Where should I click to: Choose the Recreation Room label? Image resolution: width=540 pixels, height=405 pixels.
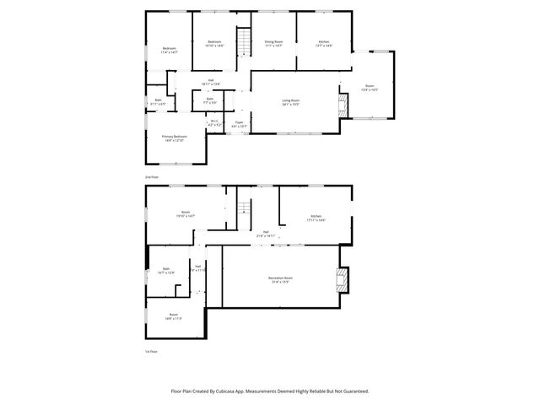click(x=281, y=279)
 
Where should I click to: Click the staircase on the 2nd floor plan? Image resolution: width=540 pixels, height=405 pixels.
click(x=245, y=41)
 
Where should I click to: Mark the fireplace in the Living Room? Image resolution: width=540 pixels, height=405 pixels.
click(x=343, y=105)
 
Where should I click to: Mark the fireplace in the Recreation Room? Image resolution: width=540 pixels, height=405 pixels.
click(x=342, y=279)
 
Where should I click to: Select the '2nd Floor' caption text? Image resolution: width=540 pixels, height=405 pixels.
click(x=152, y=177)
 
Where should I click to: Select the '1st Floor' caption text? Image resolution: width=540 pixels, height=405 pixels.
click(x=152, y=351)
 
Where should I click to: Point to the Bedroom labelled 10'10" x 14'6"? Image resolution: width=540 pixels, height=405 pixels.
click(x=214, y=43)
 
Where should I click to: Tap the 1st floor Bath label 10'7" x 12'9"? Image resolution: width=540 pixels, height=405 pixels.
click(x=166, y=272)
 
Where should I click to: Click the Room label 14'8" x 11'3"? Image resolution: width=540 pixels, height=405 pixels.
click(x=173, y=316)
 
